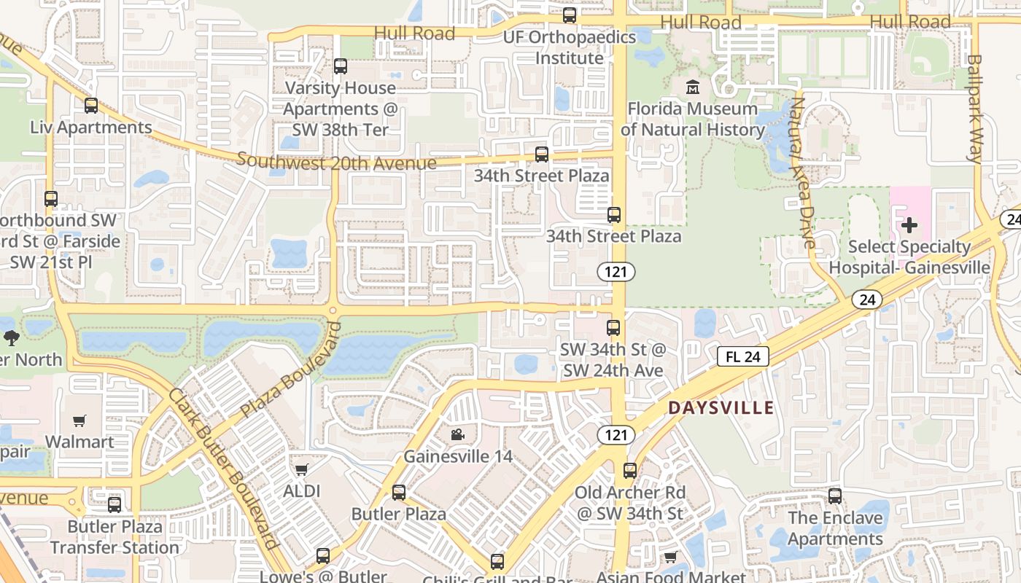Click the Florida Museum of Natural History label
click(692, 120)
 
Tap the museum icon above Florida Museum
click(692, 87)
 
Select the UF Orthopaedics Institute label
click(570, 47)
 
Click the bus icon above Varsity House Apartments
click(341, 66)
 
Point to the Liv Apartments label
click(91, 128)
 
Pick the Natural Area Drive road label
click(802, 173)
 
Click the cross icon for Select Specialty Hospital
click(909, 224)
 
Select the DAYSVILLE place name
click(721, 408)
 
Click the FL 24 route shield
click(743, 356)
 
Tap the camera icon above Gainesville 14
click(457, 435)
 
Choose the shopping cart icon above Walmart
click(79, 420)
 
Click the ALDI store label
click(301, 491)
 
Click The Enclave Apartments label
click(835, 528)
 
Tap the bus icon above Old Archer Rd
click(630, 471)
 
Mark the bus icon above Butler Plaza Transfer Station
click(114, 504)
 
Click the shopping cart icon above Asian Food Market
click(670, 557)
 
